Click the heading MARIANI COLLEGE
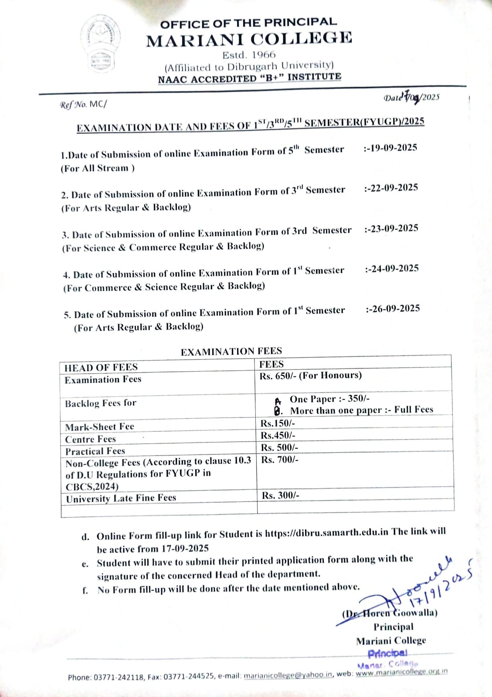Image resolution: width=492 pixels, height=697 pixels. click(x=249, y=40)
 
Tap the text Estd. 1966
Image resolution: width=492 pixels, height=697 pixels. click(x=249, y=55)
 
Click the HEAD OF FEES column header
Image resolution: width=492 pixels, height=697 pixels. click(x=101, y=367)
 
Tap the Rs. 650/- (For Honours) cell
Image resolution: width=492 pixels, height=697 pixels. click(x=310, y=376)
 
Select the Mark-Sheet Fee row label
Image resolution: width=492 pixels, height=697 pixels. click(x=99, y=427)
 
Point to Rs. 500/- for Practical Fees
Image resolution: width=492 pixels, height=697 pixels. click(x=280, y=447)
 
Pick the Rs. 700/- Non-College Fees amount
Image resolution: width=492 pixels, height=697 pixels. click(x=280, y=460)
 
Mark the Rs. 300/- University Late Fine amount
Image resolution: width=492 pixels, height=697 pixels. click(x=280, y=496)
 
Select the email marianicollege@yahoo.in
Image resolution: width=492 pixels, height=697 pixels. click(x=288, y=675)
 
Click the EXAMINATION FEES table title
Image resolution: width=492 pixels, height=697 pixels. click(x=231, y=351)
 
